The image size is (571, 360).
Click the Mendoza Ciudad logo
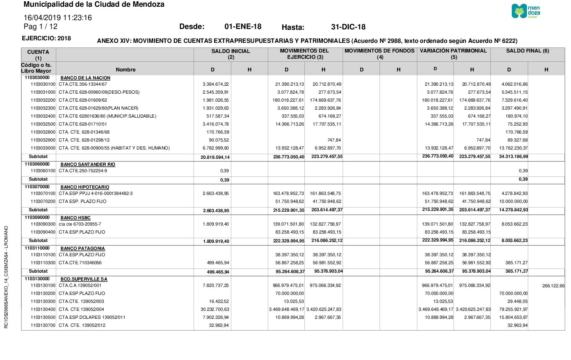[x=526, y=11]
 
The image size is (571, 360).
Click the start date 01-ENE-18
[x=243, y=27]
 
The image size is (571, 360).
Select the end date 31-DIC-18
[x=348, y=27]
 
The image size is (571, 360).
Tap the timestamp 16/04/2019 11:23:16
[x=58, y=18]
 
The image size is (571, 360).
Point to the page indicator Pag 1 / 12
[x=40, y=26]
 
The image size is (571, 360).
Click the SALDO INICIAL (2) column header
[x=230, y=54]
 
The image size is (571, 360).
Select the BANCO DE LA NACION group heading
[x=85, y=78]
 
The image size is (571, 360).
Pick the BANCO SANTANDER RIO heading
[x=88, y=164]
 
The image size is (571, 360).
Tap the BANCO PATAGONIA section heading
[x=83, y=248]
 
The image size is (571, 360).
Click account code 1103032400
[x=43, y=116]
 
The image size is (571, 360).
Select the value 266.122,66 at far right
[x=553, y=286]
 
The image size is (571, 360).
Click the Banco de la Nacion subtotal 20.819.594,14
[x=215, y=157]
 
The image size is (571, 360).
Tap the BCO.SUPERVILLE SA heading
[x=84, y=279]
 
